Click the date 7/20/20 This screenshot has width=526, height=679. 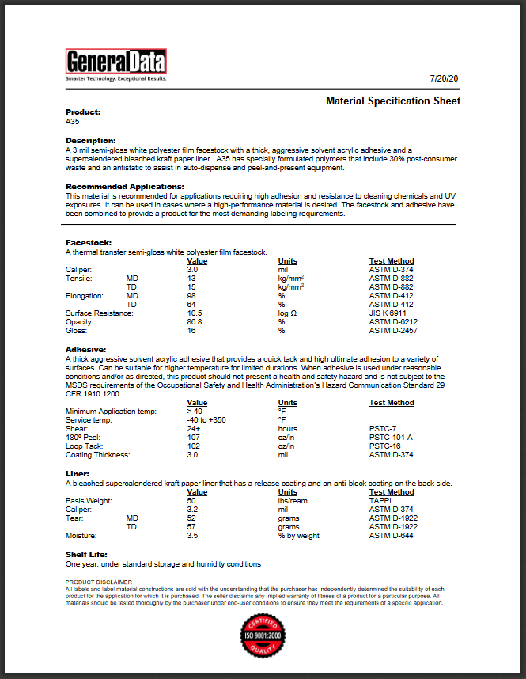[x=445, y=79]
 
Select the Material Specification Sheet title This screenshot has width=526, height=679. [x=393, y=101]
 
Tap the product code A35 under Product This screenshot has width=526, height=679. [x=72, y=122]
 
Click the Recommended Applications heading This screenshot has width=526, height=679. [x=125, y=186]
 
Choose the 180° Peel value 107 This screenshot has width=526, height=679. [x=194, y=437]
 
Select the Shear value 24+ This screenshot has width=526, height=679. [x=194, y=428]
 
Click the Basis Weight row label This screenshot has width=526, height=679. [x=89, y=500]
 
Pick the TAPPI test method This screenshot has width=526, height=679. [x=380, y=500]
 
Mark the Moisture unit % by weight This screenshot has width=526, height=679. [x=299, y=536]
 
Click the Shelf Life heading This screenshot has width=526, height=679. [x=85, y=555]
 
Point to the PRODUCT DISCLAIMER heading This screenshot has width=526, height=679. [x=97, y=582]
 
